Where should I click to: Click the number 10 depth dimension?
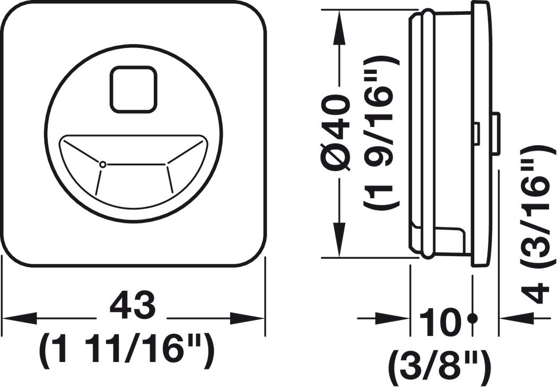click(x=440, y=322)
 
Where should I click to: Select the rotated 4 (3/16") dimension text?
click(x=537, y=225)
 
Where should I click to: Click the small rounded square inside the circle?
click(x=134, y=89)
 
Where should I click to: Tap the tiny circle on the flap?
click(x=102, y=164)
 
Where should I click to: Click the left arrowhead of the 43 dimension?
click(x=20, y=318)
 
